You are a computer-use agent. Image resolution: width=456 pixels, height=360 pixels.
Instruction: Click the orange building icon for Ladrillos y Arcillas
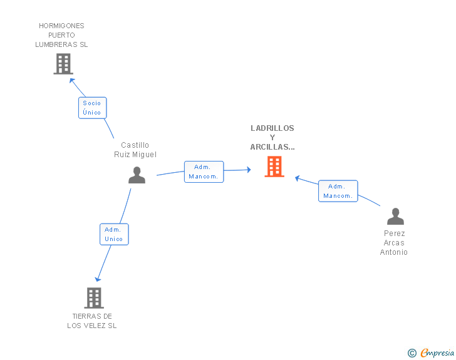(274, 167)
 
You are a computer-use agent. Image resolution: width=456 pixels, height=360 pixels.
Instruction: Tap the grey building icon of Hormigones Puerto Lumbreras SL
(63, 64)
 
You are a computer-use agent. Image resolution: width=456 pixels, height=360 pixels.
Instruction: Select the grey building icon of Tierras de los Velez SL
(94, 298)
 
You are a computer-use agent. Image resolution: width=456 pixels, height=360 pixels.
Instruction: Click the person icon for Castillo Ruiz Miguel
(137, 175)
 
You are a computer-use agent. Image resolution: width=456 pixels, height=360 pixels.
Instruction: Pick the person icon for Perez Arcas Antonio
(395, 217)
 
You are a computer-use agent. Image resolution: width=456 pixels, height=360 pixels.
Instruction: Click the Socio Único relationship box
(92, 108)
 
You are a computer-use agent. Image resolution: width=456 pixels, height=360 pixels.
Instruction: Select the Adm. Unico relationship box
(114, 234)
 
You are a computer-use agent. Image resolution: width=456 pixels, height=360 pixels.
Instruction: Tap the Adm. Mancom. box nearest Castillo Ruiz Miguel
(204, 172)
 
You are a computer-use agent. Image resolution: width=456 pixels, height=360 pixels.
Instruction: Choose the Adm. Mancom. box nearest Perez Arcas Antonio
(338, 191)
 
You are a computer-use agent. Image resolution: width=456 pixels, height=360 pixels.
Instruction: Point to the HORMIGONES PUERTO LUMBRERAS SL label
(61, 35)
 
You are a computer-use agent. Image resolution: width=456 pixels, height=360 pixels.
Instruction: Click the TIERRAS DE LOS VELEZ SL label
(92, 321)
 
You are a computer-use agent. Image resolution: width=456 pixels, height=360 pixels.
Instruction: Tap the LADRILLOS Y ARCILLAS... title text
(272, 138)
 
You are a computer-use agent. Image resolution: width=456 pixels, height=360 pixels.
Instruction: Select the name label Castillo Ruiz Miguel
(135, 150)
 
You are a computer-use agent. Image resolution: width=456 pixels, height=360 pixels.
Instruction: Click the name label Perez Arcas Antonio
(394, 243)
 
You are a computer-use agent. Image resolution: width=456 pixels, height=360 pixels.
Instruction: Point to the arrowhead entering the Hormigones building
(72, 80)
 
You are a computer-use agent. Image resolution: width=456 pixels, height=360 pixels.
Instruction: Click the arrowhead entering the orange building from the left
(249, 170)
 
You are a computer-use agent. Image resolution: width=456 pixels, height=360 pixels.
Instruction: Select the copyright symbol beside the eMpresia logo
(412, 354)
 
